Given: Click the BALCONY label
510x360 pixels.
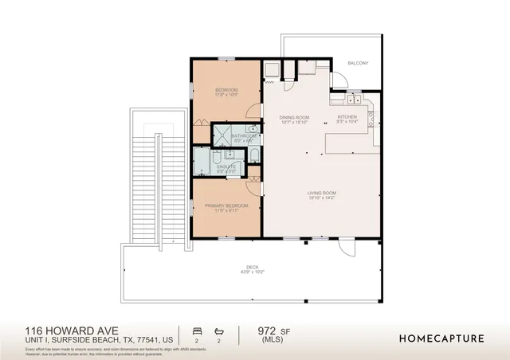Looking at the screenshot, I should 357,62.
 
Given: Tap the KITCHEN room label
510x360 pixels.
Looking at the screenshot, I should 347,117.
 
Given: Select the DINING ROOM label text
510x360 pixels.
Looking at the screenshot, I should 293,117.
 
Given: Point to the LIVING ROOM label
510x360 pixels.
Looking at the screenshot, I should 322,192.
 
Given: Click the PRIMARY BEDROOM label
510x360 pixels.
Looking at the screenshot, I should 226,205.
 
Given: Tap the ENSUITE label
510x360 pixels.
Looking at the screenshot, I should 226,166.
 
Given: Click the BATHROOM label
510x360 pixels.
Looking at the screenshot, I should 242,136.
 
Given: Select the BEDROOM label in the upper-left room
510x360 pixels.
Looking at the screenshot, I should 226,90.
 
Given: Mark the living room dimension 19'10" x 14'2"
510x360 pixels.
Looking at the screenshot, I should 322,198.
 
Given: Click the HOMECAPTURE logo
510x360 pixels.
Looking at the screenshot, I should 441,338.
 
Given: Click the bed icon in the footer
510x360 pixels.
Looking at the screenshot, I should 197,330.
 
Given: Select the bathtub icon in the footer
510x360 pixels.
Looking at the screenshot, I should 219,330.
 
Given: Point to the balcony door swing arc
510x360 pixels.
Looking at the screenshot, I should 339,80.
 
